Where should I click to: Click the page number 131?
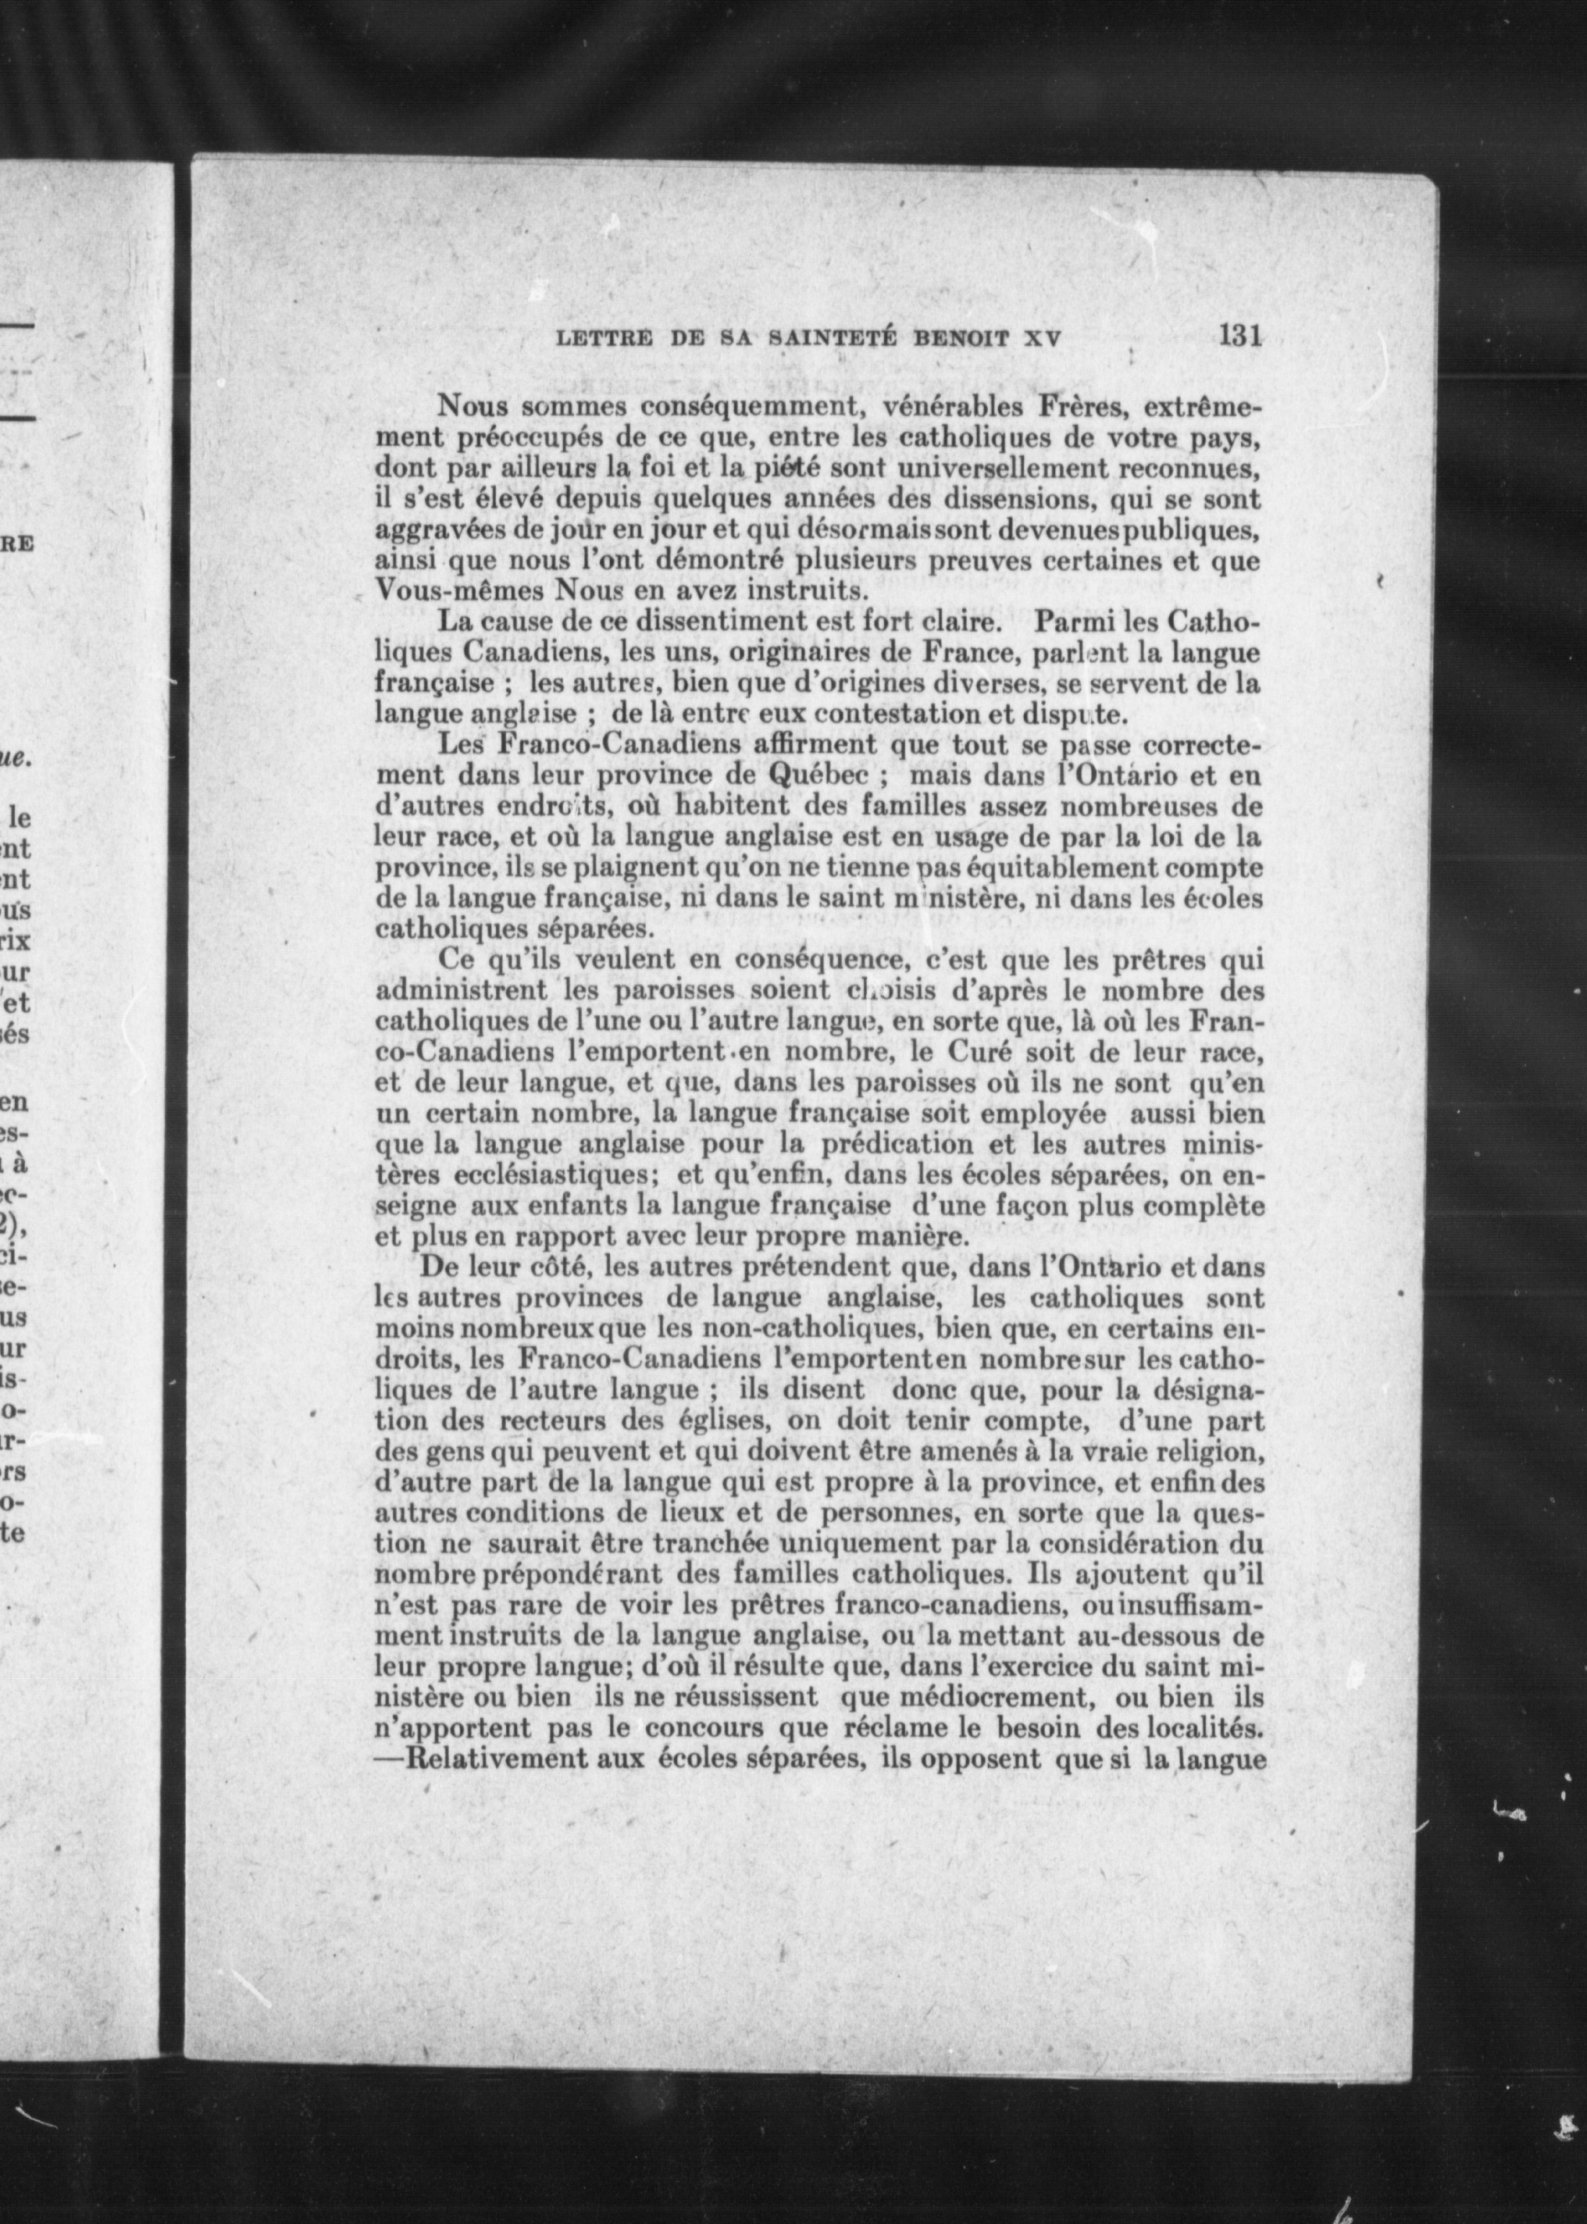tap(1240, 335)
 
